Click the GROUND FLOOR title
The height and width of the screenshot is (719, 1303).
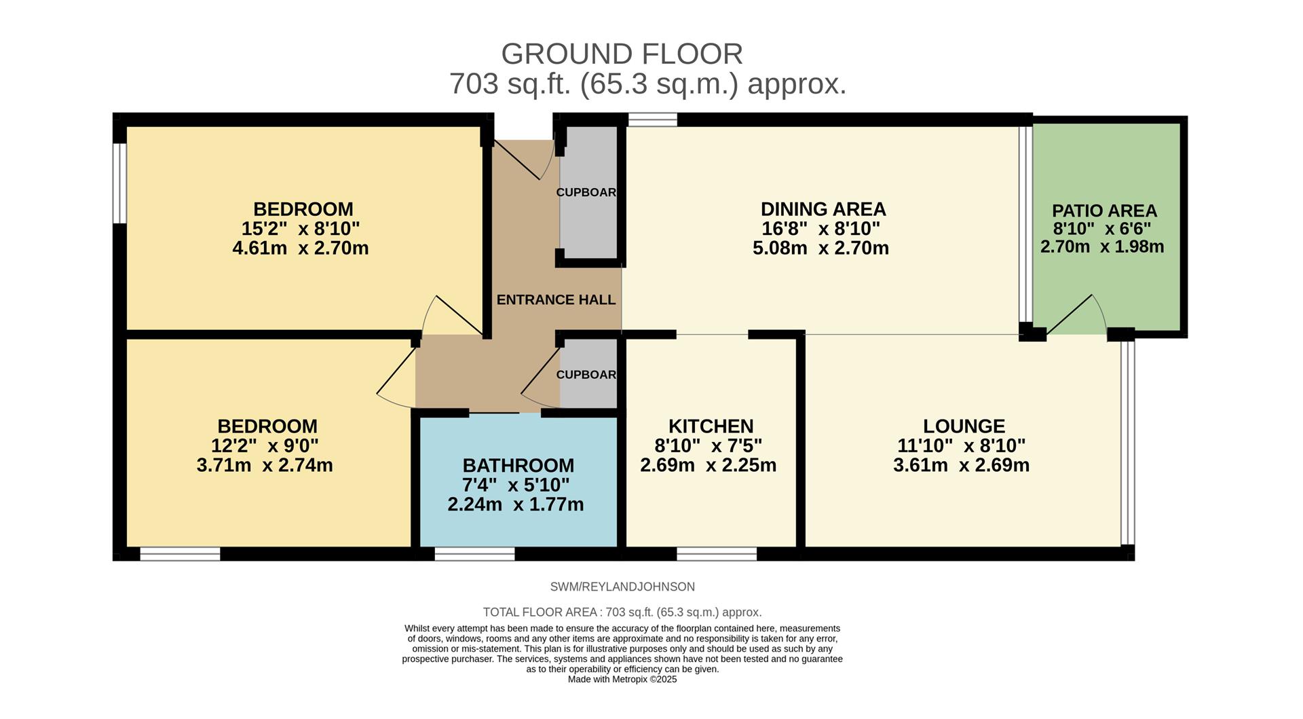pos(622,54)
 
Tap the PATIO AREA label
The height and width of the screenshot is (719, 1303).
pos(1104,210)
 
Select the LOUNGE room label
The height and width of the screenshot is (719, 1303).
pos(964,426)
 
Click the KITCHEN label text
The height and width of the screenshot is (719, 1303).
pos(711,426)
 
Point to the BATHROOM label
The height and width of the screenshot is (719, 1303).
pos(518,466)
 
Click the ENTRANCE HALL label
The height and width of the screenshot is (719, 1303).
pos(556,300)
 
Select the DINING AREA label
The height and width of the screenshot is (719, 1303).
pos(823,209)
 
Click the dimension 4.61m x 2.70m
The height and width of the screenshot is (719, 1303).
pos(301,248)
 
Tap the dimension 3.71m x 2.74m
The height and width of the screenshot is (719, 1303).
pos(265,466)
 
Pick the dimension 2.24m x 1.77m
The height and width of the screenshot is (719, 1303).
pos(516,505)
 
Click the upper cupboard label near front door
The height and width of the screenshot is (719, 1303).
pos(586,193)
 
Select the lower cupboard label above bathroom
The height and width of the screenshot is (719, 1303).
pos(586,375)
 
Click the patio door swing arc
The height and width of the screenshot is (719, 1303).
pos(1080,312)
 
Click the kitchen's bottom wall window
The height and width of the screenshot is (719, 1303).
pos(717,554)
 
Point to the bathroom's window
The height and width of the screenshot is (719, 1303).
pos(474,554)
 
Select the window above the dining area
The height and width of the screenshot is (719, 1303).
pos(652,120)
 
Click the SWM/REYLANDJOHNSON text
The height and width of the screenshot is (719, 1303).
pos(622,587)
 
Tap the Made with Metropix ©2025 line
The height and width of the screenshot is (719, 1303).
pos(622,680)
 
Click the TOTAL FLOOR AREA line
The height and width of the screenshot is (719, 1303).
pos(622,612)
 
